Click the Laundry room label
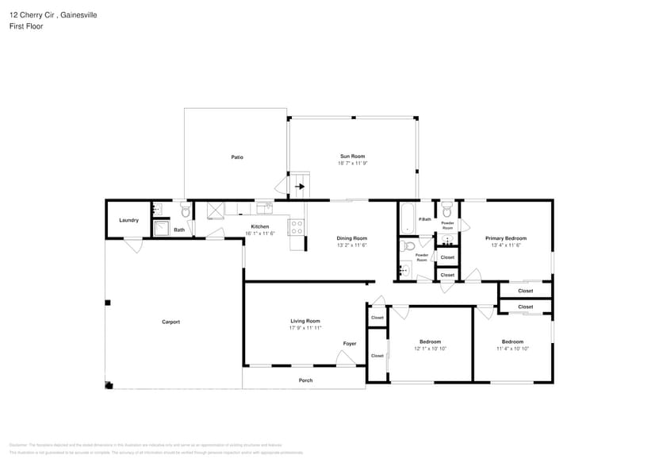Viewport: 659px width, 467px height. [x=128, y=220]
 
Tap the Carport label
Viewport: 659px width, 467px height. [x=170, y=322]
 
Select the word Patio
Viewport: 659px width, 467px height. [x=236, y=157]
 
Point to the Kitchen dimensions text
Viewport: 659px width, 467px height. [x=260, y=234]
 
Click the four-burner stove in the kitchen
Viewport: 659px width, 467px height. [x=297, y=227]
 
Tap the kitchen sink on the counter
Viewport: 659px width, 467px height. [x=264, y=208]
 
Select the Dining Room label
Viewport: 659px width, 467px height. [x=351, y=238]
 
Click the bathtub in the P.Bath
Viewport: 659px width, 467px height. [x=408, y=218]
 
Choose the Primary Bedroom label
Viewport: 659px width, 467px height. [x=505, y=238]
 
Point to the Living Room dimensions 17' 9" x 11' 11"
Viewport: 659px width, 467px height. [x=305, y=328]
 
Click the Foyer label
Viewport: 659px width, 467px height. [x=349, y=344]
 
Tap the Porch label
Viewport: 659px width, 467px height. [x=305, y=380]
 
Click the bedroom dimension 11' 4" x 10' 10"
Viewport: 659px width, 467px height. [x=512, y=349]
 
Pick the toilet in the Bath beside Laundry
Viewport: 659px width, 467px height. [x=185, y=211]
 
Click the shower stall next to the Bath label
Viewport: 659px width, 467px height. [x=161, y=229]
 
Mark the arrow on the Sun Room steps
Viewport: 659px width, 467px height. [x=300, y=187]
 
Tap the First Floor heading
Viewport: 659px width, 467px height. [x=26, y=26]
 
